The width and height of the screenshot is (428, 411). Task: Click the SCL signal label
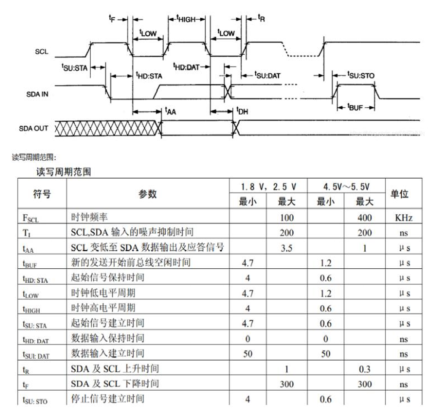[41, 53]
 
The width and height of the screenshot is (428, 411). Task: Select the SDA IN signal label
[37, 94]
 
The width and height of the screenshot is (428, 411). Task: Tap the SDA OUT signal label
[34, 129]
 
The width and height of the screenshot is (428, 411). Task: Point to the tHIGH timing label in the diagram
[186, 19]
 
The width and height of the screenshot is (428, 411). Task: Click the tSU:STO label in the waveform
[361, 75]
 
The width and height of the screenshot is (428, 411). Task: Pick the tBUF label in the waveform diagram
[355, 107]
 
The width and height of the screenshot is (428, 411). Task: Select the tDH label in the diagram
[242, 111]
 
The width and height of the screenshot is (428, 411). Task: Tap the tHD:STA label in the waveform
[149, 76]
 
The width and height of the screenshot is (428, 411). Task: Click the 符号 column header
[42, 194]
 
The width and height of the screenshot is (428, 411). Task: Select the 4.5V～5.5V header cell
[346, 187]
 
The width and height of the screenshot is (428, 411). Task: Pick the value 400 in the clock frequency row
[365, 217]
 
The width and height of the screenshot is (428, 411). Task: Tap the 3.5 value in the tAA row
[286, 248]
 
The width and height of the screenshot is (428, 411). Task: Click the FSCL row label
[31, 218]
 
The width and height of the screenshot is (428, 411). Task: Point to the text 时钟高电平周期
[103, 308]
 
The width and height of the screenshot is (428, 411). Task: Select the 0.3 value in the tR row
[365, 369]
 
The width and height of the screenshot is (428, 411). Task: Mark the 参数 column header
[147, 194]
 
